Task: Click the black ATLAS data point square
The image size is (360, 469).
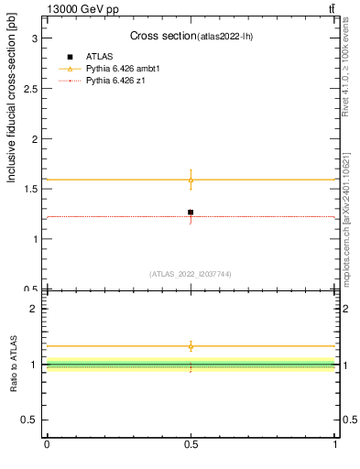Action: pyautogui.click(x=191, y=213)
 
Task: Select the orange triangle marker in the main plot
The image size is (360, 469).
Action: pyautogui.click(x=191, y=180)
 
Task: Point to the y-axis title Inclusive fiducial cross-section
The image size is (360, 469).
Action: pyautogui.click(x=12, y=115)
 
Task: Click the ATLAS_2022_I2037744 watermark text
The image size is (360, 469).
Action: pyautogui.click(x=191, y=273)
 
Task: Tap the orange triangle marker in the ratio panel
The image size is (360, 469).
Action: pyautogui.click(x=191, y=346)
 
